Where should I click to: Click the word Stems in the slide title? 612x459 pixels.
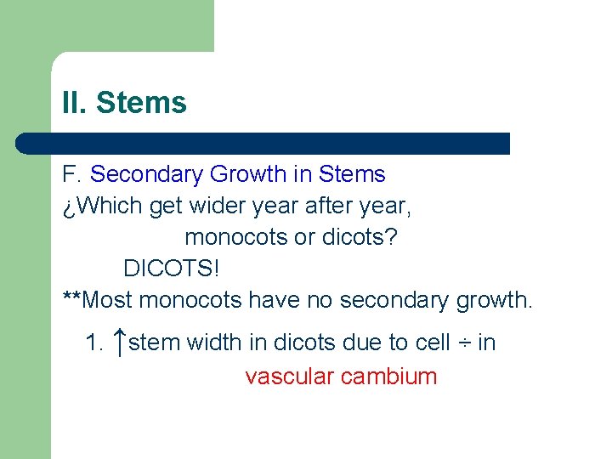[x=141, y=103]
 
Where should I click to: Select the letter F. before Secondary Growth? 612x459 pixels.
[x=71, y=175]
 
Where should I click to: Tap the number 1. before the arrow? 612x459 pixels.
[x=95, y=343]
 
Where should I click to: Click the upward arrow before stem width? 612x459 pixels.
[x=120, y=343]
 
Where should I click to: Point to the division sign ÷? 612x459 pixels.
[x=464, y=343]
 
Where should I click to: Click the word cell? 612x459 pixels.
[x=433, y=343]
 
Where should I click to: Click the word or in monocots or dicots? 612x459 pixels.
[x=304, y=237]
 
